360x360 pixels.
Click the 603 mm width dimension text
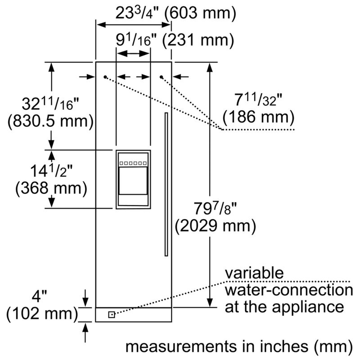(x=200, y=13)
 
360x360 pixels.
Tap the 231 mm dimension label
(x=198, y=40)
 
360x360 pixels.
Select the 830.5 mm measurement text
(x=51, y=121)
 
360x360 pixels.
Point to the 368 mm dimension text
(x=51, y=188)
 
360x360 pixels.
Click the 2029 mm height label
(x=216, y=226)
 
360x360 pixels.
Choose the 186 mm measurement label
(x=258, y=117)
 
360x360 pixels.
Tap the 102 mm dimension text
(x=42, y=314)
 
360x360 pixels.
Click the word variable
(x=254, y=273)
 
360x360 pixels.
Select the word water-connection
(x=289, y=290)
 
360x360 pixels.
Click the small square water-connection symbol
(x=112, y=315)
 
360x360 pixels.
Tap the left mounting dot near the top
(x=105, y=77)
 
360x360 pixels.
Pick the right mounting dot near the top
(x=162, y=77)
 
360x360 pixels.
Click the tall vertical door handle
(x=166, y=184)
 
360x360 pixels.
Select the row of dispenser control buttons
(x=133, y=163)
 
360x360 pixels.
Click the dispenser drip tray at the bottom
(x=133, y=200)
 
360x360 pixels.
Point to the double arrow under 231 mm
(x=133, y=54)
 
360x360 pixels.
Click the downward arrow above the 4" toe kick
(x=85, y=298)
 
